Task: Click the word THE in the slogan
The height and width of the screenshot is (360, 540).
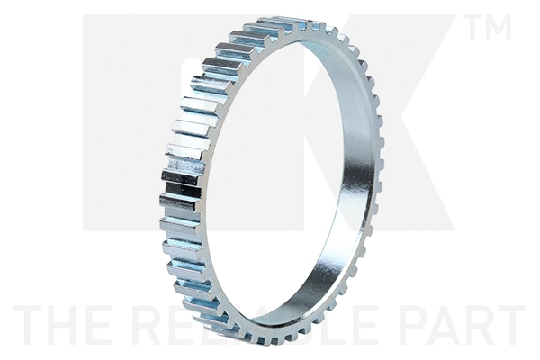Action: point(63,326)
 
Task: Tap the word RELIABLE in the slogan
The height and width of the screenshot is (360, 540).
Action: point(261,326)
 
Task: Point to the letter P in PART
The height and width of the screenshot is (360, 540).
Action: point(408,326)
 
